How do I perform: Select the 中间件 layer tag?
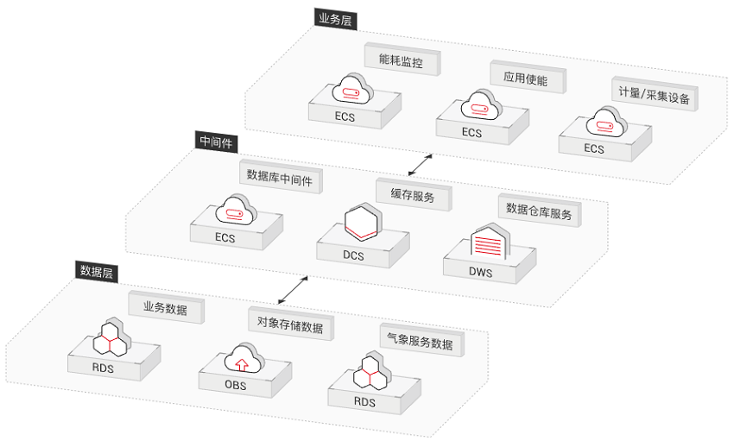coord(217,142)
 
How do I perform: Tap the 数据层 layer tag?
coord(98,271)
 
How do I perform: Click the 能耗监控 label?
coord(401,60)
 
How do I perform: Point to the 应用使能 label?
coord(525,78)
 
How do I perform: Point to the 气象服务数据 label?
coord(417,343)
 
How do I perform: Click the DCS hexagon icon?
coord(360,222)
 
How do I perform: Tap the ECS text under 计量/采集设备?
coord(594,148)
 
